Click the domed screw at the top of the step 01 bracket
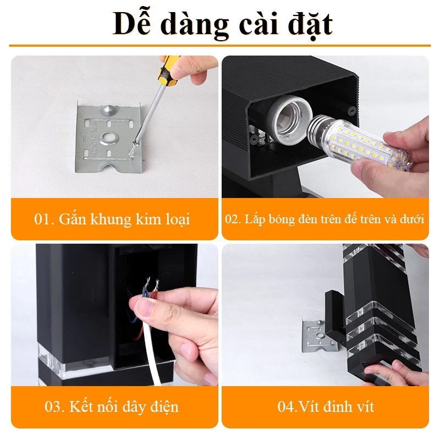tap(109, 110)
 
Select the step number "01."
tap(44, 219)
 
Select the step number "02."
tap(233, 219)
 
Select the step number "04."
tap(287, 406)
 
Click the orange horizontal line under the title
tap(220, 46)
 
